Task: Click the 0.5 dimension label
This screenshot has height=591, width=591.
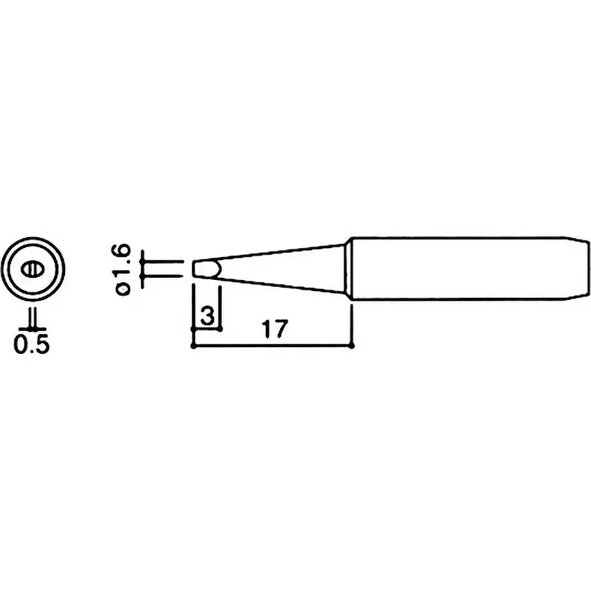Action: point(32,345)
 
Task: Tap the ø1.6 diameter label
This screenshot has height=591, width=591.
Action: point(123,270)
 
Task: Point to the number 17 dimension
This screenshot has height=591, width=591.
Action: point(273,329)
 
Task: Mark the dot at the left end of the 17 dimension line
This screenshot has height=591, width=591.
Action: point(193,345)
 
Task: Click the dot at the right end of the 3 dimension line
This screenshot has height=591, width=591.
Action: point(221,329)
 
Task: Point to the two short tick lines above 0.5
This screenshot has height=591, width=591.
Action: point(32,318)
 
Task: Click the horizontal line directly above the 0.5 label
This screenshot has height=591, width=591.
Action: point(32,328)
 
